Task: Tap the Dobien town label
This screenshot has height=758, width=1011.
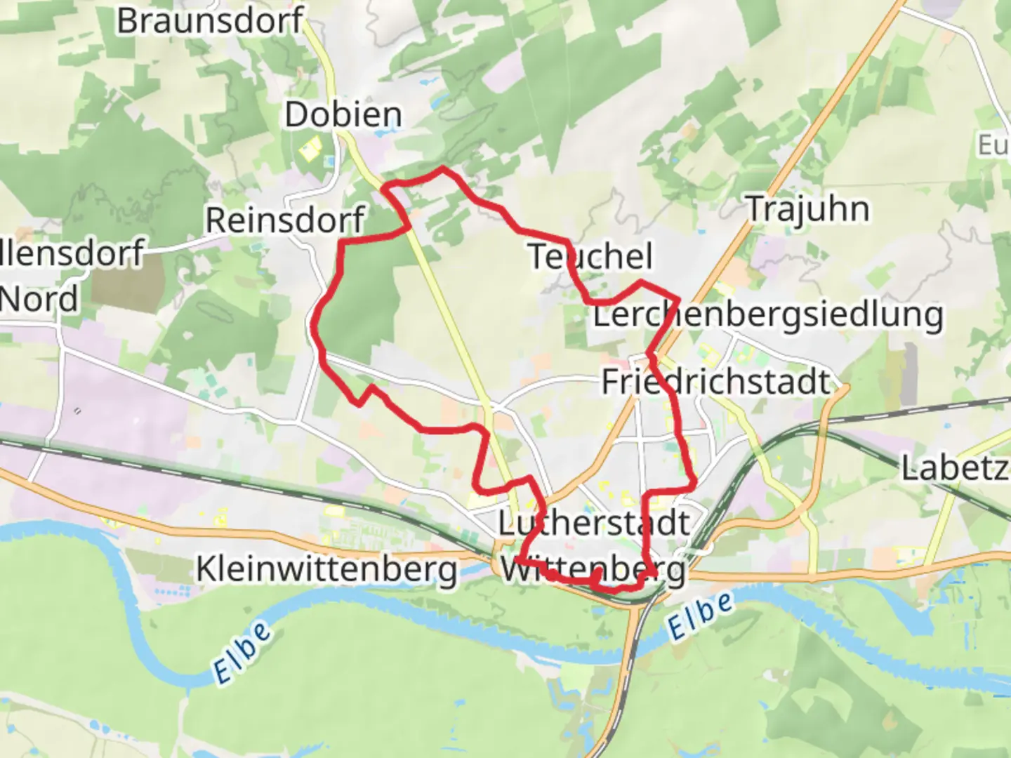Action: point(343,114)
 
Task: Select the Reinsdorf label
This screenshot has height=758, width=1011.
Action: point(284,220)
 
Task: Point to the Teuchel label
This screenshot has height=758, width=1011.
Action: point(590,256)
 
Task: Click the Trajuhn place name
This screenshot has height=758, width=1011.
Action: point(807,209)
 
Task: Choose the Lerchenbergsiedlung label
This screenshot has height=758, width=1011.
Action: point(768,314)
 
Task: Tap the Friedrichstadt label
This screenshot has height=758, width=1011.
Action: point(716,382)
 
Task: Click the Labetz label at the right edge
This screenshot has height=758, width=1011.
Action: point(955,468)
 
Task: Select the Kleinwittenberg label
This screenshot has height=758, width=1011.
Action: point(326,569)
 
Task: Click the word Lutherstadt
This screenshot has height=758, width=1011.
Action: point(594,524)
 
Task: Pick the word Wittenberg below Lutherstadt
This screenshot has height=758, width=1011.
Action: point(593,570)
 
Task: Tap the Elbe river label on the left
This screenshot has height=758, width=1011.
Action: point(242,652)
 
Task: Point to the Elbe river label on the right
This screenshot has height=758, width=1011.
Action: point(699,616)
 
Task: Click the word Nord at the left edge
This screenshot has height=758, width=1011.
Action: point(39,300)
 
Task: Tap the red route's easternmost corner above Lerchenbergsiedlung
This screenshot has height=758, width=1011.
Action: point(678,298)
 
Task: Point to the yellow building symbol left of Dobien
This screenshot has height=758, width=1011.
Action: point(310,148)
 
